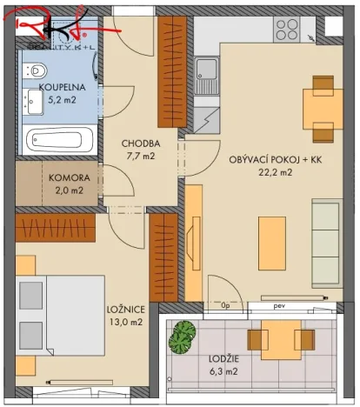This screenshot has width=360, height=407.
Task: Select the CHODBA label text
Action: tap(138, 143)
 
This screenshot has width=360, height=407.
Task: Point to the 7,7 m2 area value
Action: tap(138, 157)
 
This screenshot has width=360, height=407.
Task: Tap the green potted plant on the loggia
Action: tap(183, 337)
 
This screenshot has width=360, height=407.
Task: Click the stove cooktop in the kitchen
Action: tap(288, 32)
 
